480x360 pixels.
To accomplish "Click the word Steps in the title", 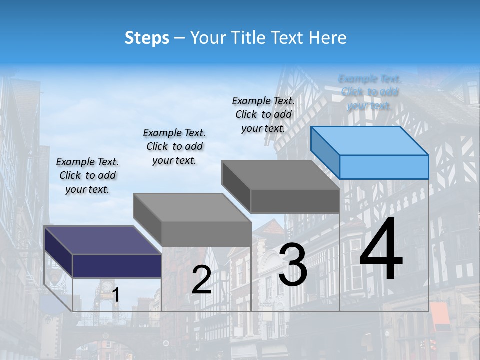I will pos(147,38).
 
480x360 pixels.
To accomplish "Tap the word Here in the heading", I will pos(327,38).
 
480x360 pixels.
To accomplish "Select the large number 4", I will pos(381,250).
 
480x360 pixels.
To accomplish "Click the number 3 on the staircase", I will pos(293,265).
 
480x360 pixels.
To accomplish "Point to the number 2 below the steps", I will pos(201,280).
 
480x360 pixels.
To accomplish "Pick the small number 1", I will pos(116,295).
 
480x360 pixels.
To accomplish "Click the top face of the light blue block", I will pos(370,140).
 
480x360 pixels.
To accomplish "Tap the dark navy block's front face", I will pos(117,265).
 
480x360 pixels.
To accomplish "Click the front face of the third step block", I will pos(295,201).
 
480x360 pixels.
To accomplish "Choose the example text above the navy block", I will pos(87,176).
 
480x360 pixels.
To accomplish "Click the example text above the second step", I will pos(174,146).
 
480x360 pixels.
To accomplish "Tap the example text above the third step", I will pos(263,114).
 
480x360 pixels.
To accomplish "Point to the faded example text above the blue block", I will pos(370,92).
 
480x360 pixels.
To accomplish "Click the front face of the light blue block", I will pos(384,167).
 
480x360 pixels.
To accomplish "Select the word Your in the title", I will pos(206,38).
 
